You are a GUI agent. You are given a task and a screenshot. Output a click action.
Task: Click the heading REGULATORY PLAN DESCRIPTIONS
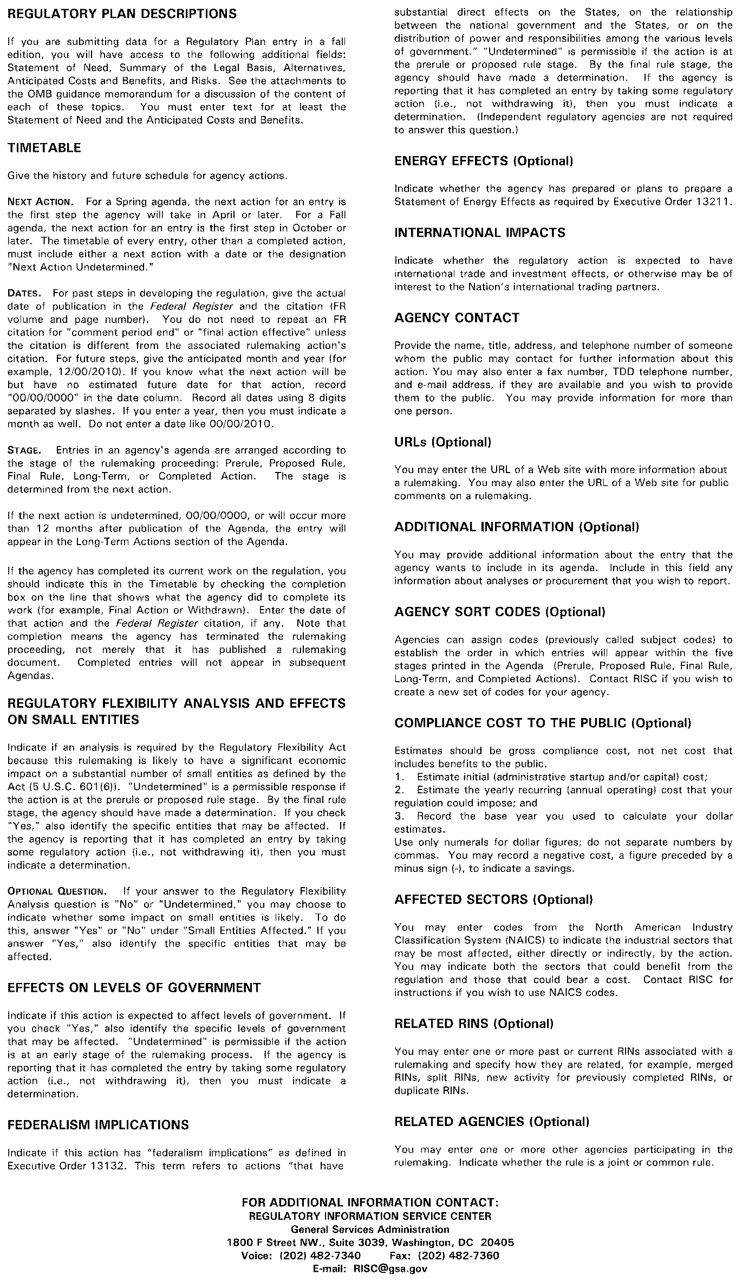coord(122,14)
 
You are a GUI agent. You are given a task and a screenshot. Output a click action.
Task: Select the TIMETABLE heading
coord(44,148)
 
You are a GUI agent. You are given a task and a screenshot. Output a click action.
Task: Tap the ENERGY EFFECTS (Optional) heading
coord(484,161)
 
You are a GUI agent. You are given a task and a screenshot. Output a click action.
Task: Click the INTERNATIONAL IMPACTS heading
coord(480,232)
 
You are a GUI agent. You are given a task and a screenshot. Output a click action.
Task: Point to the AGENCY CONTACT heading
coord(457,318)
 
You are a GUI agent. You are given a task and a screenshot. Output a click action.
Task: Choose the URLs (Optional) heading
coord(443,442)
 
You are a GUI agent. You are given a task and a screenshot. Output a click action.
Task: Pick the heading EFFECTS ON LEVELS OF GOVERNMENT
coord(134,988)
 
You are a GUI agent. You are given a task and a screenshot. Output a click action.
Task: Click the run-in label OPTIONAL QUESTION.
coord(58,891)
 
